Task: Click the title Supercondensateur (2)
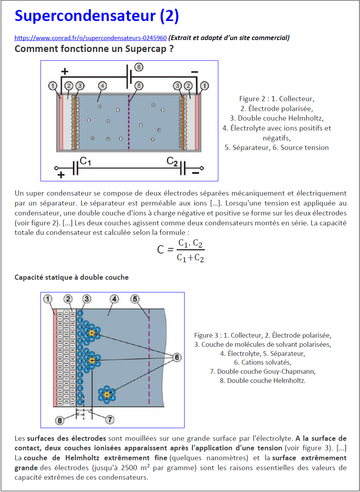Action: coord(96,16)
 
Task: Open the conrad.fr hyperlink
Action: coord(90,38)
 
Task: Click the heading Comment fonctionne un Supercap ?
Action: coord(94,49)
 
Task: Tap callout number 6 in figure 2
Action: coord(139,67)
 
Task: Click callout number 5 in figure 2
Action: coord(139,85)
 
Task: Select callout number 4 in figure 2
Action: coord(102,85)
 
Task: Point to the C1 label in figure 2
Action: coord(86,161)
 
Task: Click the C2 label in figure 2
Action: coord(172,161)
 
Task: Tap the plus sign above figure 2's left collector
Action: coord(65,72)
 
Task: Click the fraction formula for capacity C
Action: coord(181,250)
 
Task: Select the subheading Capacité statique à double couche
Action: coord(71,277)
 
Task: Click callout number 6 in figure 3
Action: coord(177,357)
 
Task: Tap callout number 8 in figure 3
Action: coord(59,420)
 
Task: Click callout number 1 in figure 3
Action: coord(48,299)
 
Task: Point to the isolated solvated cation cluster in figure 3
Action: coord(107,394)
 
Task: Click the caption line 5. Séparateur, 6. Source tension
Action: coord(276,148)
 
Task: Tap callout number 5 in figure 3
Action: coord(135,299)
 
